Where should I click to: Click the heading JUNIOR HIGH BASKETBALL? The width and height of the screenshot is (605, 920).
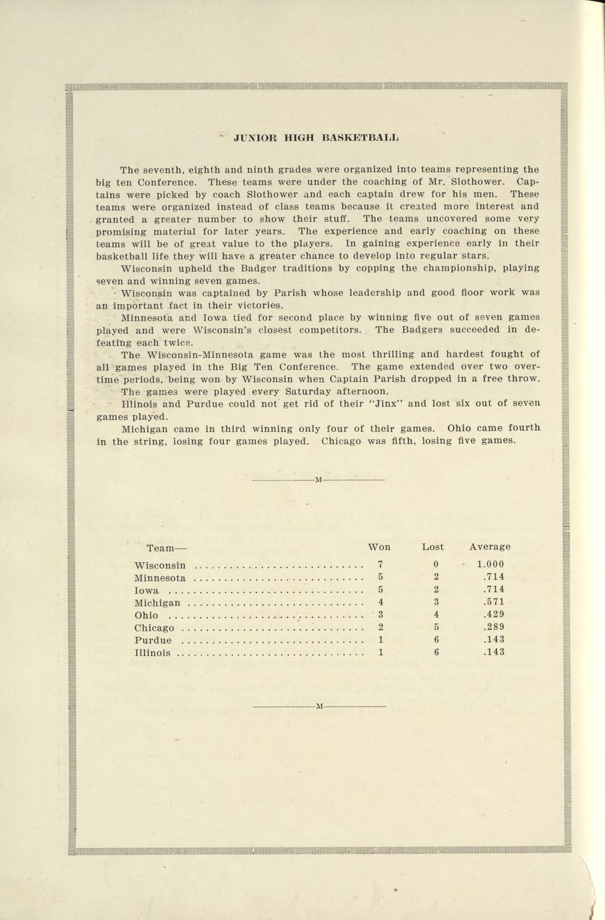[316, 138]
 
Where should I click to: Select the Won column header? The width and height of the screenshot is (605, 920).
[379, 547]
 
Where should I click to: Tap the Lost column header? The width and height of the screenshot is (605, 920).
[432, 547]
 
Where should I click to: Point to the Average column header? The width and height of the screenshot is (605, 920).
[490, 547]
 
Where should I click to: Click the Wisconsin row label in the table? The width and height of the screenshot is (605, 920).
[160, 565]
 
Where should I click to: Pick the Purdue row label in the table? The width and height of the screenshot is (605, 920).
[153, 640]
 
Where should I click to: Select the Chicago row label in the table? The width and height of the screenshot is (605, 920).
[154, 628]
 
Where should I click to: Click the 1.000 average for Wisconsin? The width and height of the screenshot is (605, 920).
[490, 564]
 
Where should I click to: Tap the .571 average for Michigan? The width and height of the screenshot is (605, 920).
[494, 602]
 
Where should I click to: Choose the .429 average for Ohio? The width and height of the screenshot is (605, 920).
[494, 614]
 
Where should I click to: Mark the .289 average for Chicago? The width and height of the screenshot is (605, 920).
[494, 627]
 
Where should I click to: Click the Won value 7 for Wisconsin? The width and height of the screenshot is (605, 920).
[380, 564]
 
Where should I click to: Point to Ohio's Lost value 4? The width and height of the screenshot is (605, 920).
[436, 614]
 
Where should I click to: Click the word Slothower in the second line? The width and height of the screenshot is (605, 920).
[482, 181]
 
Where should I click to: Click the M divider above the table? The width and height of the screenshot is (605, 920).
[318, 479]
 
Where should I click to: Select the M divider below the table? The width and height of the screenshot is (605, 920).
[318, 705]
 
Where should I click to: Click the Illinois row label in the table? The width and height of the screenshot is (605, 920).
[152, 653]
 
